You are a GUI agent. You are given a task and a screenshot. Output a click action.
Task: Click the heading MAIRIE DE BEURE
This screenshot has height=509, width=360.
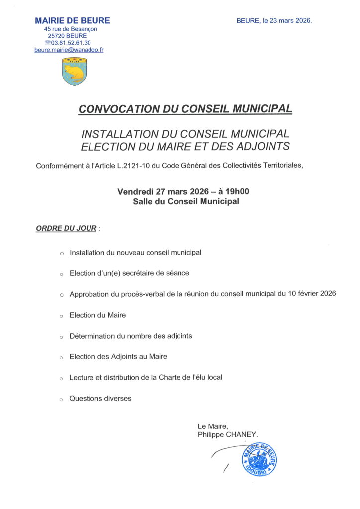click(73, 21)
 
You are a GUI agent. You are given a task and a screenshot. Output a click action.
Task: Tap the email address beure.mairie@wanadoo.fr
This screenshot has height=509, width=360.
click(69, 50)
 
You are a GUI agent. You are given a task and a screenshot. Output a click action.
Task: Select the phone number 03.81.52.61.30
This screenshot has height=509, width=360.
click(74, 43)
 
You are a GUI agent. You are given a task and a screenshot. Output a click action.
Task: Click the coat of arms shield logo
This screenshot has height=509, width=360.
click(74, 72)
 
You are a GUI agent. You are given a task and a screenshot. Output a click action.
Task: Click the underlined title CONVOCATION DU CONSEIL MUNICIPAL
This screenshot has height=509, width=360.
click(185, 109)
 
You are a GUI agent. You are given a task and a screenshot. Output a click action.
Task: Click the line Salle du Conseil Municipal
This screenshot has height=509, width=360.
click(186, 201)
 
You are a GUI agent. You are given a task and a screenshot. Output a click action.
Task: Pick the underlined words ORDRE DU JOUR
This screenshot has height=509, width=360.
click(66, 229)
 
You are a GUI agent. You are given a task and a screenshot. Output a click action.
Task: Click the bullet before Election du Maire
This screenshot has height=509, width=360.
click(62, 316)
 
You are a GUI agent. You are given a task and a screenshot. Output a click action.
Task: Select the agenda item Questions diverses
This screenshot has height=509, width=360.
click(100, 398)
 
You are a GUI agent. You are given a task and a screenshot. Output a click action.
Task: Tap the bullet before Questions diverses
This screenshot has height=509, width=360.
click(62, 400)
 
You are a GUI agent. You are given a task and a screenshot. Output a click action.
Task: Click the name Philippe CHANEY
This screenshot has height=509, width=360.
click(228, 434)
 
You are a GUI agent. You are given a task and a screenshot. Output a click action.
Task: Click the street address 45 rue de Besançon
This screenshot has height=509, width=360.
click(71, 29)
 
